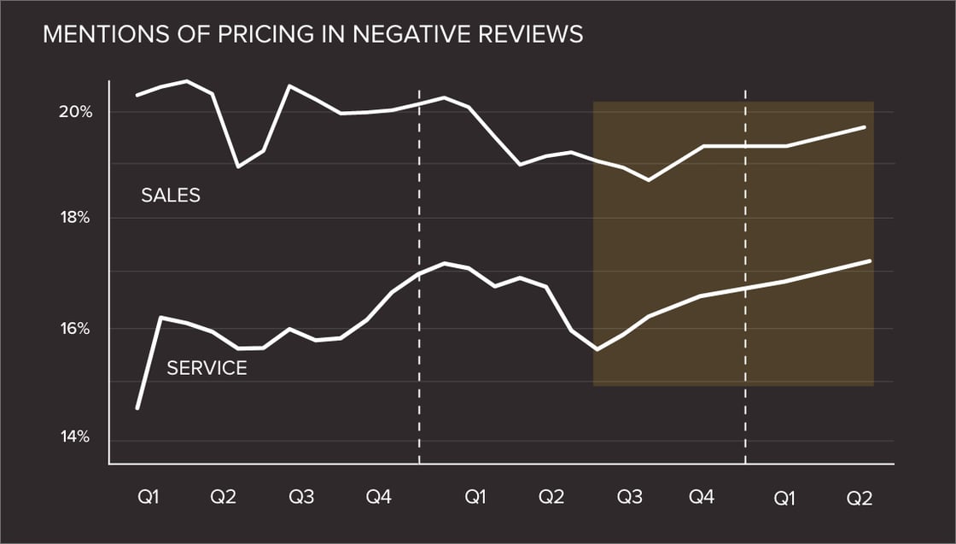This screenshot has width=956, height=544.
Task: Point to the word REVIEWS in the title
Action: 533,34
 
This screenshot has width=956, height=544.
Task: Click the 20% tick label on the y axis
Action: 76,112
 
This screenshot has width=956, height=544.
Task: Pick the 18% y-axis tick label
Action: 76,219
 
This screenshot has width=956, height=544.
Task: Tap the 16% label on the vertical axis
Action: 76,330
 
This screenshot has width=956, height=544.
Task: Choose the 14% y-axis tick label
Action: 76,437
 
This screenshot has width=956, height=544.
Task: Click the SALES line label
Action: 171,196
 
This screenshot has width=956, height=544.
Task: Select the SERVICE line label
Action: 207,368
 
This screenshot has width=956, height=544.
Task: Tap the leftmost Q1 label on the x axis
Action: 148,497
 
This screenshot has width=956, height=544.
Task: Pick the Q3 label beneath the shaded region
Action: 630,497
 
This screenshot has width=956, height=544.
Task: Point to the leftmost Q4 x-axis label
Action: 378,497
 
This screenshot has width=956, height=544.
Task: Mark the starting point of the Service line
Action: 137,408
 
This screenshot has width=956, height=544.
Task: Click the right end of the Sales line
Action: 865,127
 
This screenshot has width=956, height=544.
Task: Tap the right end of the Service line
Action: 870,260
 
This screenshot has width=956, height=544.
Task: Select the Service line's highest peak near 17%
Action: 444,263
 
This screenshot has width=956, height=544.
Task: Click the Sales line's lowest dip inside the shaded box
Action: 649,180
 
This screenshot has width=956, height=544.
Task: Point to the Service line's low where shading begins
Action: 596,349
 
